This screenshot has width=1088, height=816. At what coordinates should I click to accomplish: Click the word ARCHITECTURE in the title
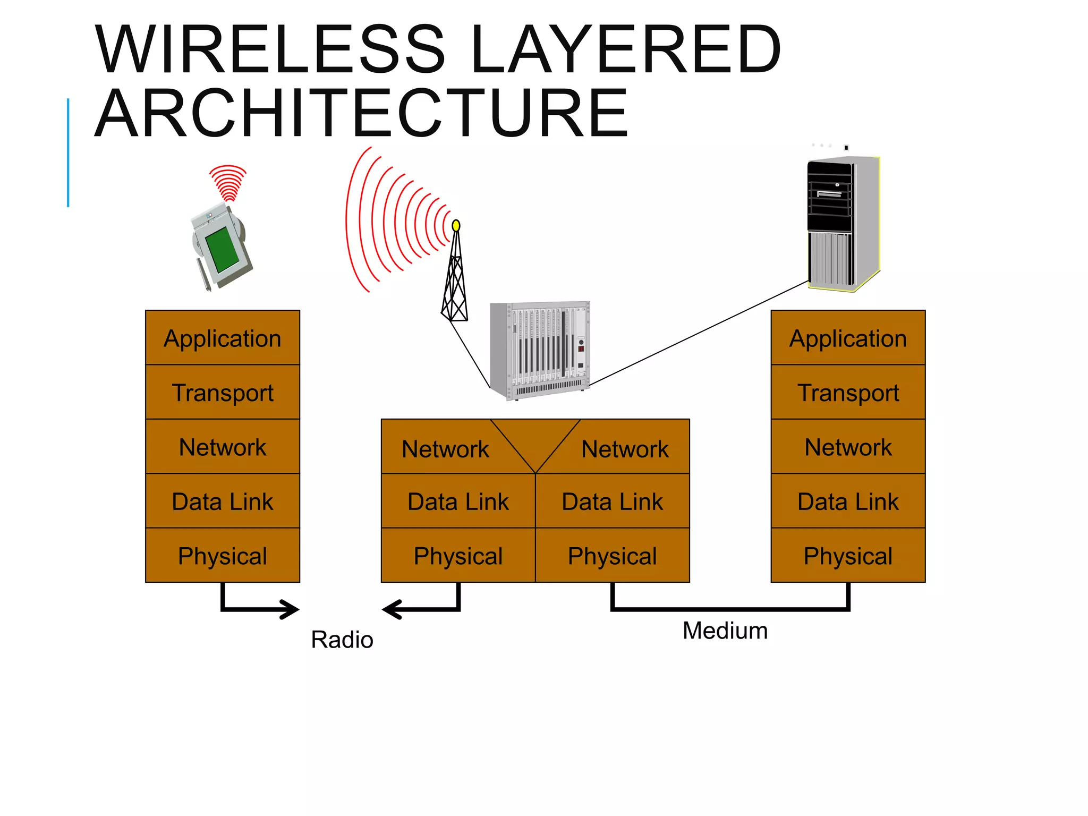tap(361, 114)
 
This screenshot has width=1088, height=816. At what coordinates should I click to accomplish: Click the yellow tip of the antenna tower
tap(456, 226)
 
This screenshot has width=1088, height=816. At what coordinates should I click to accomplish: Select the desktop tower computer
tap(843, 223)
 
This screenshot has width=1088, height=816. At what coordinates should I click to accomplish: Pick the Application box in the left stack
tap(223, 338)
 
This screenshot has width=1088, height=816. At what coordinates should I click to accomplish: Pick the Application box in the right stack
tap(848, 338)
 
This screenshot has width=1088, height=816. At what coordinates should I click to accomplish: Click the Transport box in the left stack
tap(223, 393)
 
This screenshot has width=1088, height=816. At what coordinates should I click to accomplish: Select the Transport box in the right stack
tap(848, 393)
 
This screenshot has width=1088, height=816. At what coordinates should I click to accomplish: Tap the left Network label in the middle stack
tap(445, 449)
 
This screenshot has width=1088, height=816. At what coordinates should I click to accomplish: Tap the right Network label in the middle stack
tap(625, 449)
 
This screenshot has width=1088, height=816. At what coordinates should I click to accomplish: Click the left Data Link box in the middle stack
tap(458, 501)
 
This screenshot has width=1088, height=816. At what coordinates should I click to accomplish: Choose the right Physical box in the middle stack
tap(612, 556)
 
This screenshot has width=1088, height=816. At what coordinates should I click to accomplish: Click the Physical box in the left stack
tap(223, 556)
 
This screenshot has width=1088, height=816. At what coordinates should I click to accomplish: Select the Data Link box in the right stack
tap(848, 501)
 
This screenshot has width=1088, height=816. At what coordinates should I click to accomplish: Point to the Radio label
tap(342, 639)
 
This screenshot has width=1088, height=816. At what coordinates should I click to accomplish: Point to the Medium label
tap(725, 631)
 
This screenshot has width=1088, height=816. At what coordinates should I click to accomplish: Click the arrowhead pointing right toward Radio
tap(291, 609)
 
